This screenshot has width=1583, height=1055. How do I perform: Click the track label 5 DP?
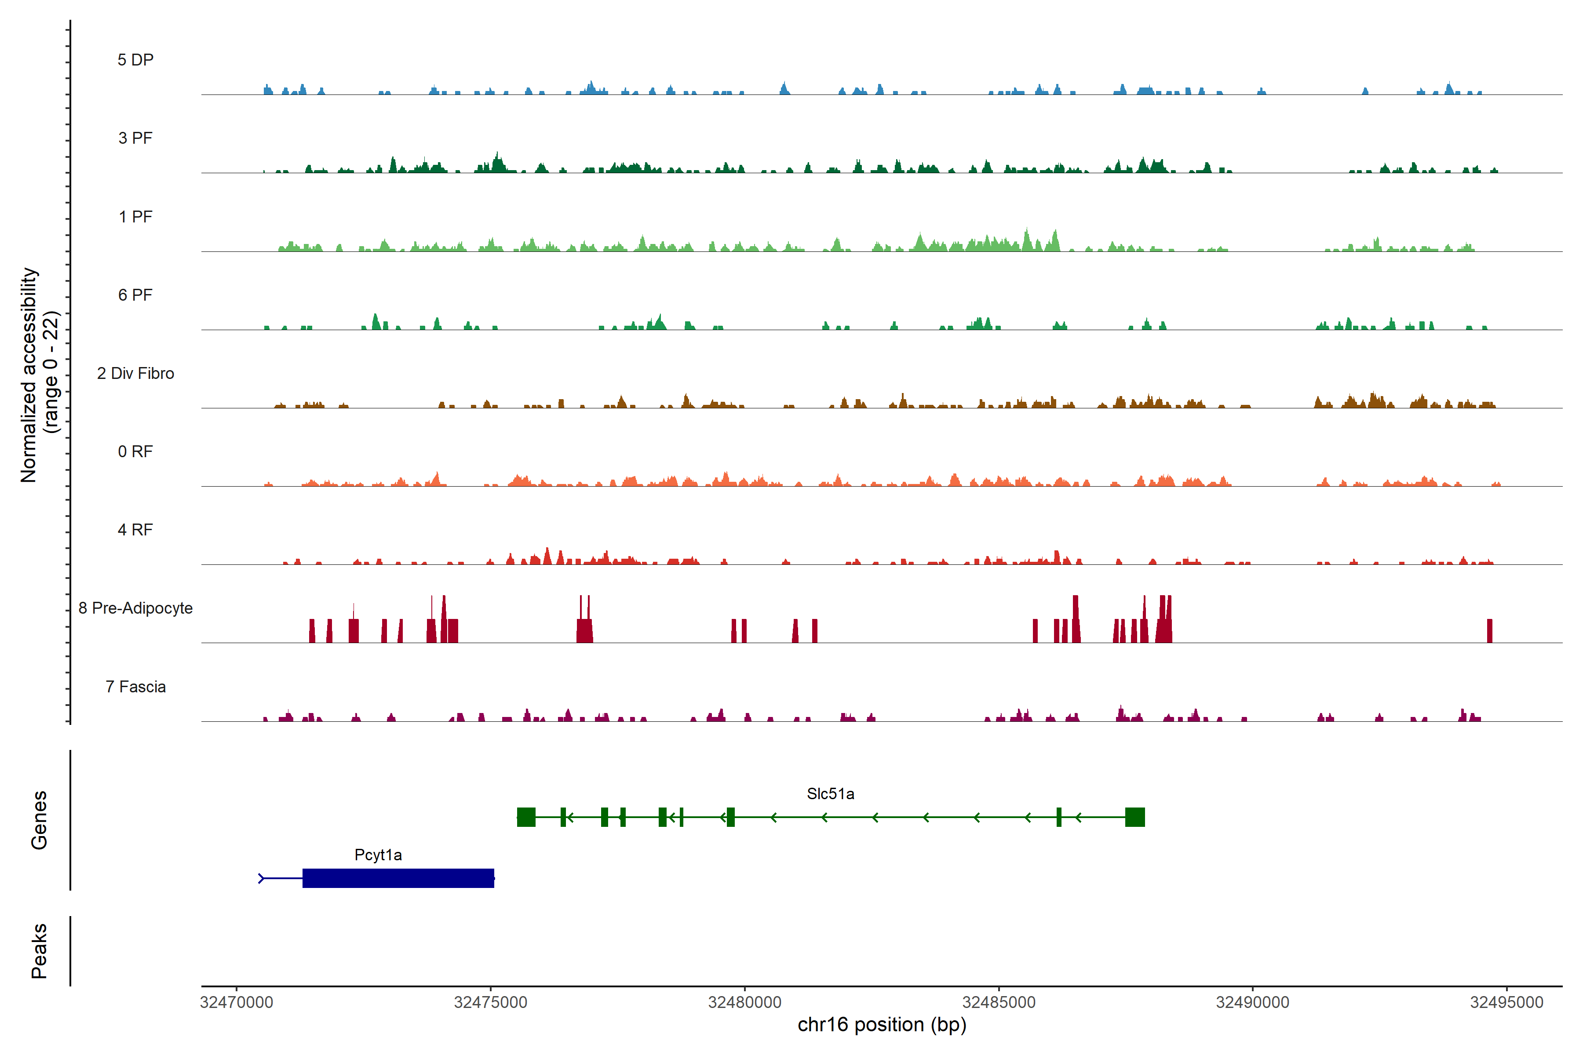[x=135, y=60]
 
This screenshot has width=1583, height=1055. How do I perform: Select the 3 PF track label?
[x=135, y=138]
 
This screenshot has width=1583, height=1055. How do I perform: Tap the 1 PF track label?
[x=135, y=217]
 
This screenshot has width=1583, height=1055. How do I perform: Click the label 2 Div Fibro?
[x=135, y=373]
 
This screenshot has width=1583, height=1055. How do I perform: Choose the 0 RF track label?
[x=135, y=451]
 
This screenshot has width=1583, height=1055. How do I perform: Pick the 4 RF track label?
[x=135, y=530]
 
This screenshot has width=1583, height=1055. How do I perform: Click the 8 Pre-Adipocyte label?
[x=135, y=608]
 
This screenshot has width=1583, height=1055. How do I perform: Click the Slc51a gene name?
[x=831, y=794]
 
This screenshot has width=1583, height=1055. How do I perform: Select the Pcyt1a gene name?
[x=378, y=855]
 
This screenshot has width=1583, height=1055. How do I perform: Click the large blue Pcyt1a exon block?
[x=398, y=878]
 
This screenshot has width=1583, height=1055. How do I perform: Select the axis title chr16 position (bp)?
[x=882, y=1025]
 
